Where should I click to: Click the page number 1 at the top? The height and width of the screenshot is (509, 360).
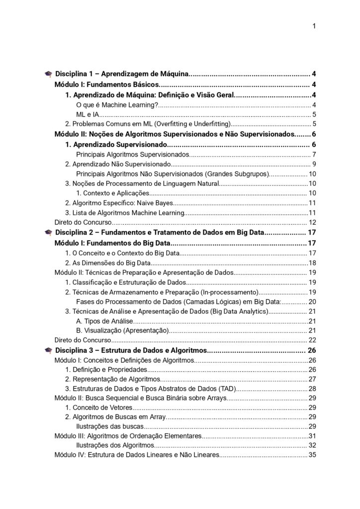coord(314,26)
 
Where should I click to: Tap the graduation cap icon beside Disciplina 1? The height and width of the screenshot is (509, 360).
coord(48,74)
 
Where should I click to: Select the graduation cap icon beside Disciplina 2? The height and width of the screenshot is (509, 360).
coord(48,233)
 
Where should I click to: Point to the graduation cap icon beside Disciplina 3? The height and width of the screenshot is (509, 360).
coord(48,351)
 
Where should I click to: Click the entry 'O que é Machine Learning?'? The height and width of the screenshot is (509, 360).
coord(117,104)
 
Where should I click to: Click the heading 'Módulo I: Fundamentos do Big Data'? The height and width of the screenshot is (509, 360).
coord(112,243)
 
